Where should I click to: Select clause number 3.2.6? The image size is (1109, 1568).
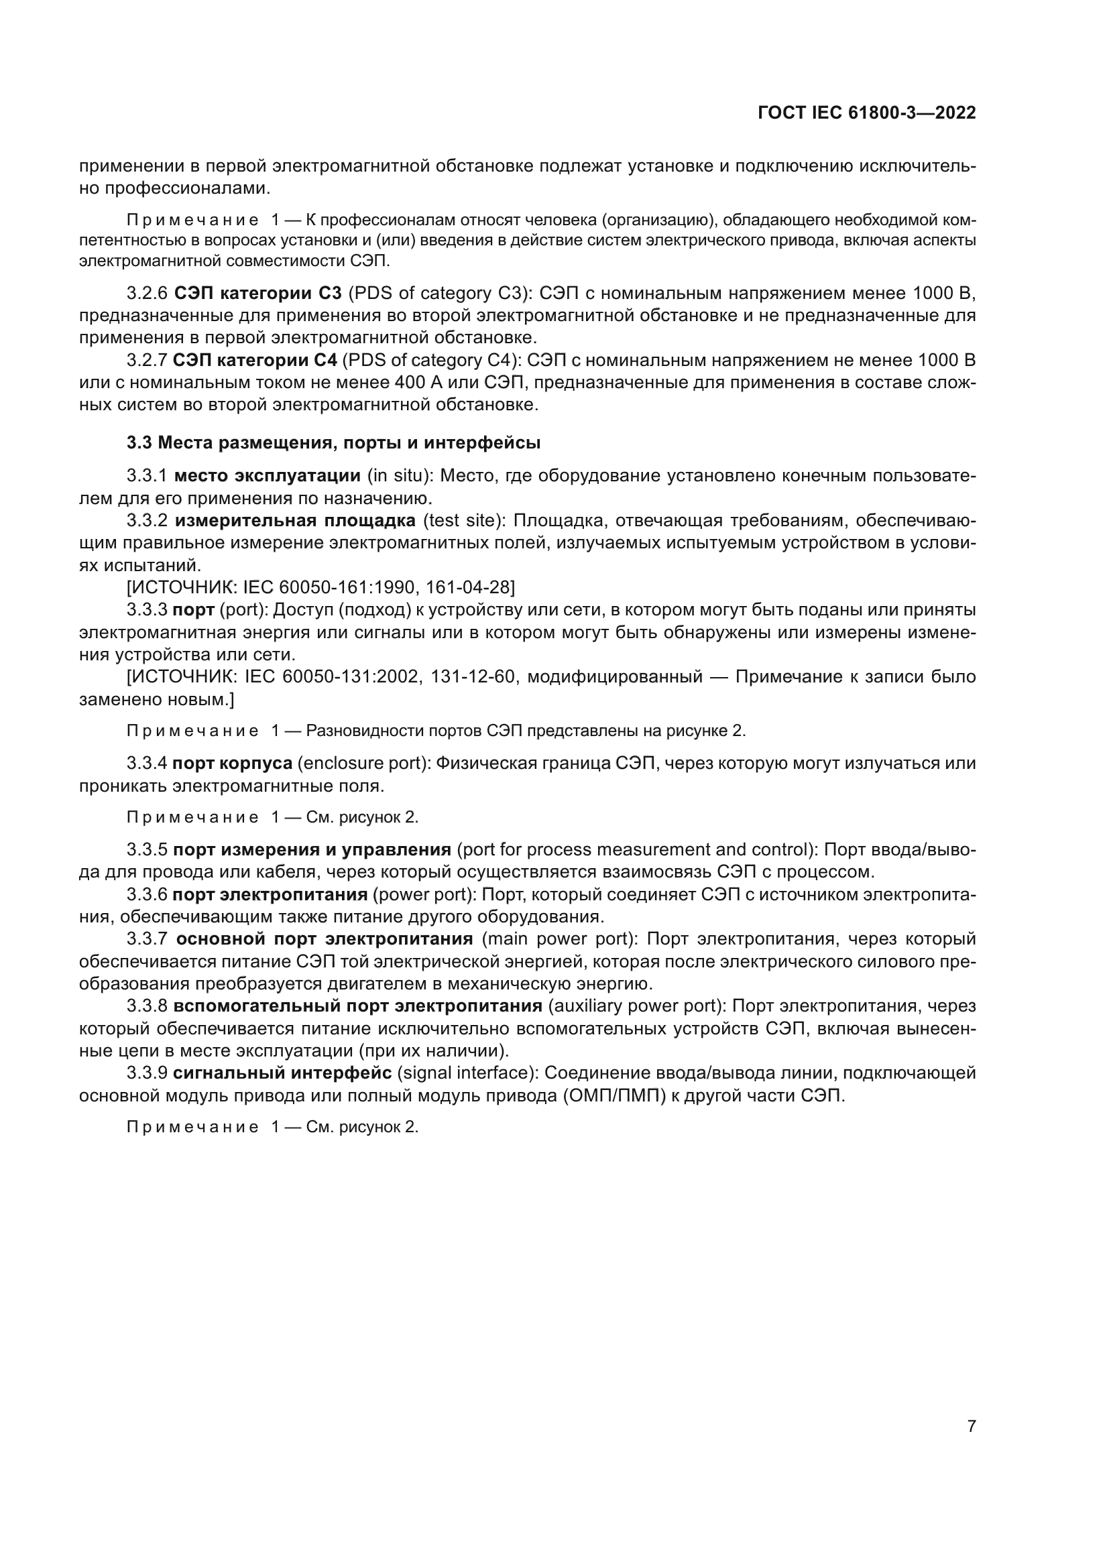click(147, 294)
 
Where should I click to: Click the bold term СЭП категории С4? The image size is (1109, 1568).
click(255, 361)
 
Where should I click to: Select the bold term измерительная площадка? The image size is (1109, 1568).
click(295, 520)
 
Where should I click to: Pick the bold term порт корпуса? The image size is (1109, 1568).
click(232, 764)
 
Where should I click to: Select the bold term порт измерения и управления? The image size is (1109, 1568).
click(311, 849)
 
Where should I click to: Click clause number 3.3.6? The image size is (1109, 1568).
click(147, 895)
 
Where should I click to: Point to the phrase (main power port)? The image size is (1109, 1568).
click(559, 939)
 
